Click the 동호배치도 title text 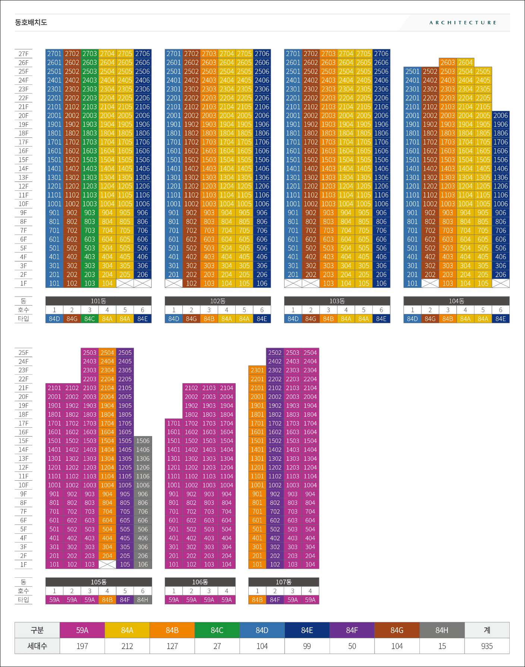(31, 22)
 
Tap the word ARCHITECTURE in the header (463, 23)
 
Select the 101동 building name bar (98, 301)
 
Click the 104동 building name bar (456, 301)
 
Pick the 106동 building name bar (200, 582)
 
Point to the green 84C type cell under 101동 (89, 319)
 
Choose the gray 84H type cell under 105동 (143, 600)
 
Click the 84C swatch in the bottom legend (217, 630)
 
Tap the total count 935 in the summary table (487, 646)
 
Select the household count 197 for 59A (82, 646)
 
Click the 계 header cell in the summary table (487, 630)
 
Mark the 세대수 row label (37, 646)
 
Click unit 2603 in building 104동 (447, 62)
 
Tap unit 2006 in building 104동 (500, 115)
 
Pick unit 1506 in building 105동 (143, 441)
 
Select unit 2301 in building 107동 (257, 370)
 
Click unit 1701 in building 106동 (173, 423)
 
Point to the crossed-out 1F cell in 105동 (107, 564)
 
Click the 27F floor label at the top (23, 54)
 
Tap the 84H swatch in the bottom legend (442, 630)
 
